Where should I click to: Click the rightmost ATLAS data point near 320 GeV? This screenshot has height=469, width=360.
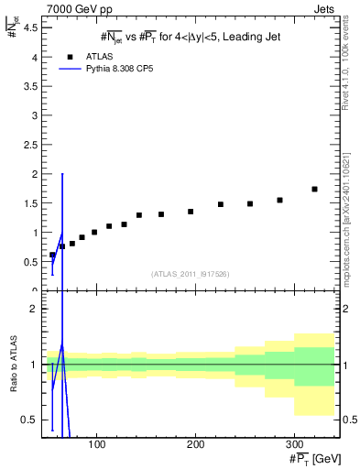[x=314, y=189]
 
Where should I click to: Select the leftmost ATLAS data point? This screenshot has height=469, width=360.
[x=52, y=255]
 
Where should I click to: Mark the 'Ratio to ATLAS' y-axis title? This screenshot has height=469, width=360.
[x=13, y=365]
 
